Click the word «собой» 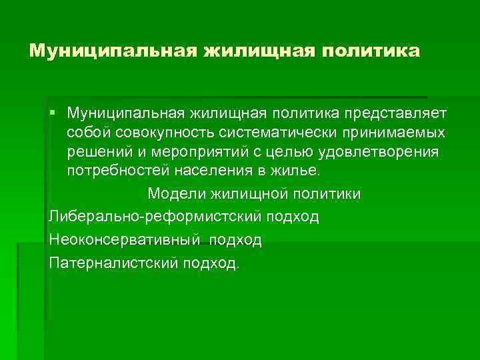coord(87,131)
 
